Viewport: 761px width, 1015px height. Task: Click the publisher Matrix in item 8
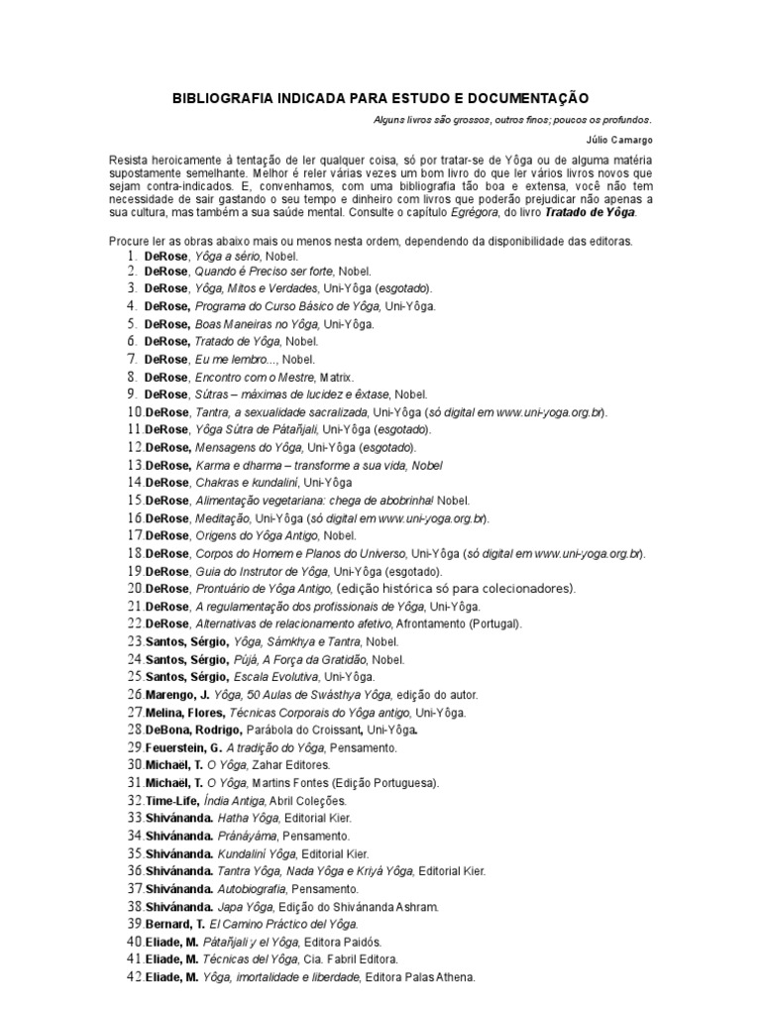334,377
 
